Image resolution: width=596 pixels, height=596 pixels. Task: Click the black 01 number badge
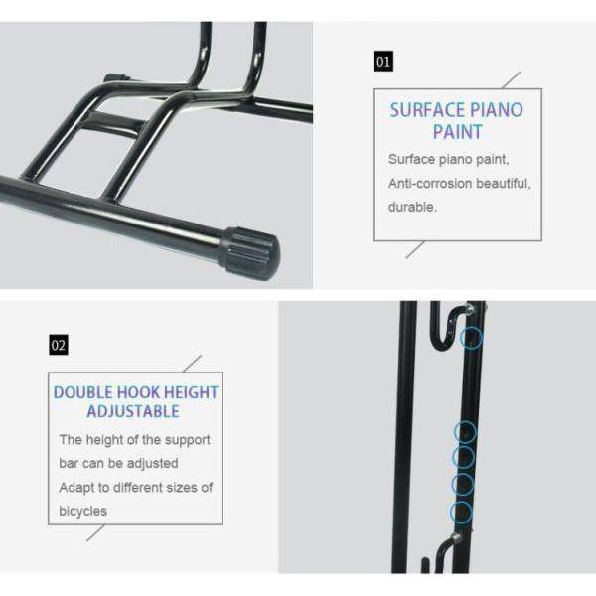pos(383,62)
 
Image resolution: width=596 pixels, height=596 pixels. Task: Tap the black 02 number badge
pos(59,345)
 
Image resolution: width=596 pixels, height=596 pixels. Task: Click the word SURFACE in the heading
pos(427,110)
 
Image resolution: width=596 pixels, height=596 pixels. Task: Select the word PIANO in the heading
pos(497,110)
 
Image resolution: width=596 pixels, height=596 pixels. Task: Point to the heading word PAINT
pos(458,132)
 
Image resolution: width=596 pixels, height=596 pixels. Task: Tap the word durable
pos(412,208)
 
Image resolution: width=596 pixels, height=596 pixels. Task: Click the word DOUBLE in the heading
pos(82,392)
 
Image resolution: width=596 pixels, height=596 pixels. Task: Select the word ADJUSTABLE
pos(133,411)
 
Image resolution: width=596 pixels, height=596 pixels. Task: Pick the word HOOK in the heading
pos(134,392)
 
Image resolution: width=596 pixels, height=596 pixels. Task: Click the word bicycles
pos(82,511)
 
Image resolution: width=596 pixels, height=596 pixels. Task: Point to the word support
pos(188,440)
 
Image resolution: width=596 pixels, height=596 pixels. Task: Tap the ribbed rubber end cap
pos(250,252)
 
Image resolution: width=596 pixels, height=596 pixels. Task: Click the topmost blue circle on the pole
pos(471,338)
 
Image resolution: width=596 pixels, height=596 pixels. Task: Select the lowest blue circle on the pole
pos(461,512)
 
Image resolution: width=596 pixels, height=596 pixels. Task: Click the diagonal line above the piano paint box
pos(512,79)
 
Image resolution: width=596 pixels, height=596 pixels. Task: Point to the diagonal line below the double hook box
pos(95,532)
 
